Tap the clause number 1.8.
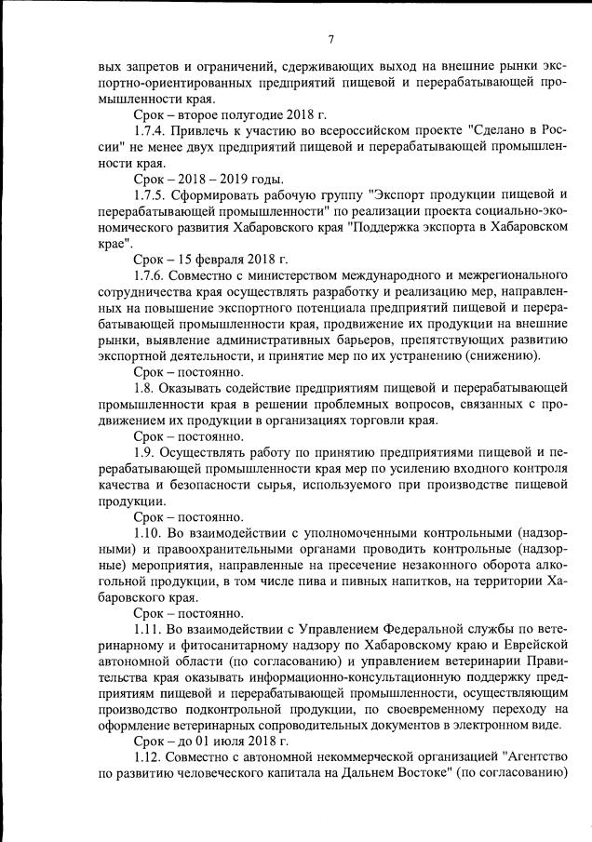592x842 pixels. (x=146, y=386)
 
